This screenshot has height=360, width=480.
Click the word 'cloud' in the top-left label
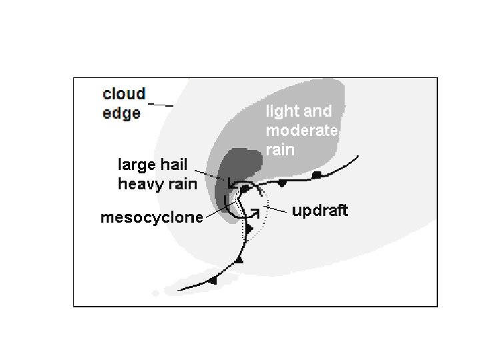click(125, 93)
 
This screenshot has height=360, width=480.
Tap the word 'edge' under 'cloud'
click(122, 112)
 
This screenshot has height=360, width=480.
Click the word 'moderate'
click(302, 131)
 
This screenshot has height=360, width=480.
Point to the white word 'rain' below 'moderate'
click(280, 149)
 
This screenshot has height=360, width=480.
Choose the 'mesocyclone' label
click(151, 218)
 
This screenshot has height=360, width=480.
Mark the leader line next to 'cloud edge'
click(160, 104)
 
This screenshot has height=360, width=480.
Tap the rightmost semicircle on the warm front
click(317, 175)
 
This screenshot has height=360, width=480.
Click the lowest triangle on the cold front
click(213, 281)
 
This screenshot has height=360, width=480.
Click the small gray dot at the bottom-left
click(155, 293)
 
